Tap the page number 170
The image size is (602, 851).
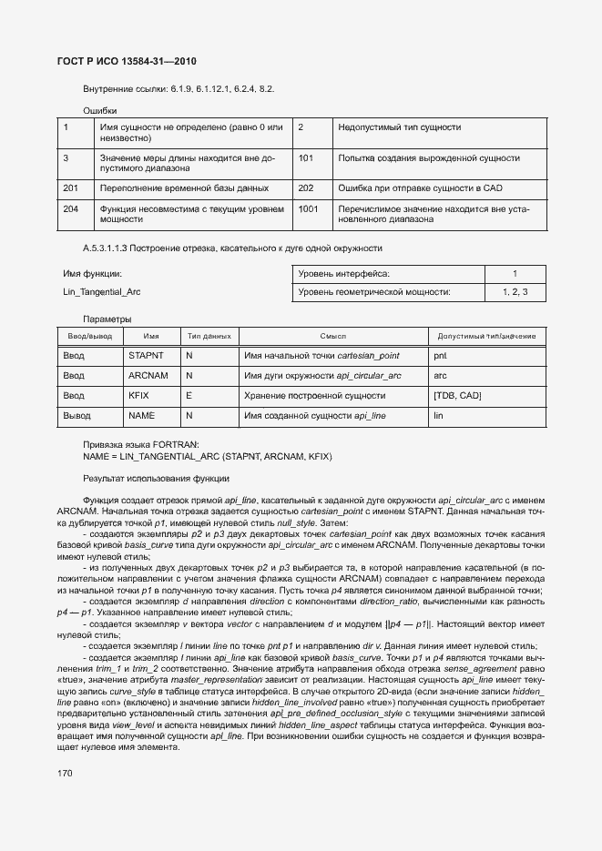click(66, 773)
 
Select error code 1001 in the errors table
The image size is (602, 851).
click(308, 208)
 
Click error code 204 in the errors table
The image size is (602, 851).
click(70, 208)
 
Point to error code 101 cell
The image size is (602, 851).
click(305, 158)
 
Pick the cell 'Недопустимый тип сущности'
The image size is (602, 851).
click(399, 127)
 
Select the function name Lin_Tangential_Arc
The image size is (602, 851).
click(101, 292)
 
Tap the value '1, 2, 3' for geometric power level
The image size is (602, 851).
click(515, 292)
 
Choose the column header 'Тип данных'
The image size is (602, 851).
click(209, 337)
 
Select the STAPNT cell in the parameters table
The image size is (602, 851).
click(146, 356)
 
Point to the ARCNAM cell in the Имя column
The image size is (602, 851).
click(148, 376)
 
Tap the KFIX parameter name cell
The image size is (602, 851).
click(139, 396)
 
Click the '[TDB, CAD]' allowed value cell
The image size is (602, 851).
click(457, 396)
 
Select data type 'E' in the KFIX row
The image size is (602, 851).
click(189, 396)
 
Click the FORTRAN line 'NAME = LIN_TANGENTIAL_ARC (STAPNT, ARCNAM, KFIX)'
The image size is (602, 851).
click(208, 455)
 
